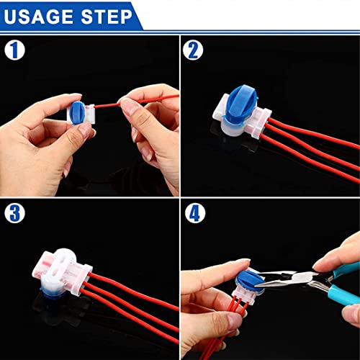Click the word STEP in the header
pos(105,15)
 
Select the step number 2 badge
pos(193,50)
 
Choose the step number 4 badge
pos(193,214)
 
